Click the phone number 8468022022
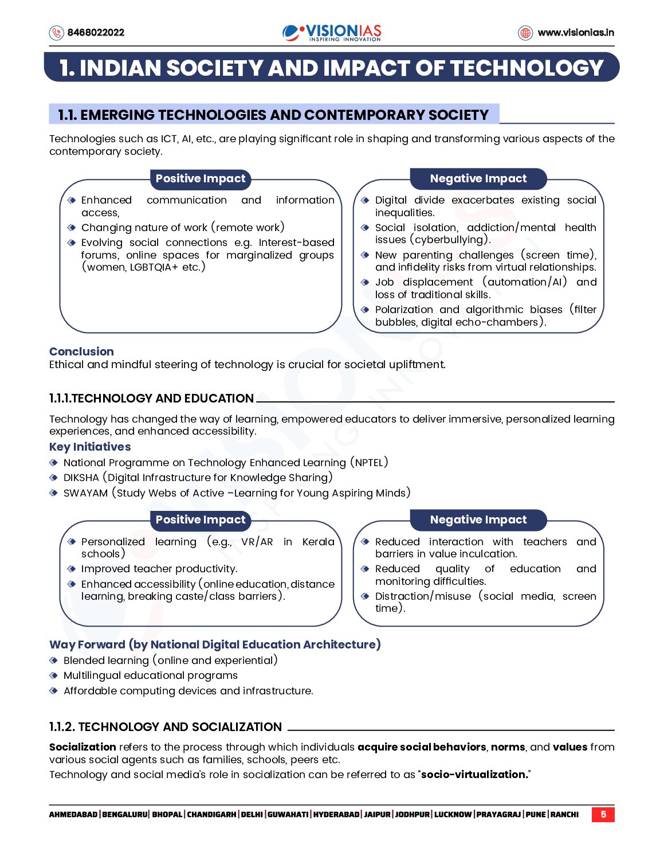(96, 33)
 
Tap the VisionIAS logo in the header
(332, 32)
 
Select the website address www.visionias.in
(575, 33)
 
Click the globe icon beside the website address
(525, 33)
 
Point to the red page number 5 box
(603, 814)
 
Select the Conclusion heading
(81, 351)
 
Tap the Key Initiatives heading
(90, 447)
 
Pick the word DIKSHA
(81, 478)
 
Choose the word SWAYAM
(85, 493)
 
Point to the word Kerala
(318, 542)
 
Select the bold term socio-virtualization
(474, 775)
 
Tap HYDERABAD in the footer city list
(336, 815)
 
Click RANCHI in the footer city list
(564, 815)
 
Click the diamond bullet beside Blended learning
(54, 661)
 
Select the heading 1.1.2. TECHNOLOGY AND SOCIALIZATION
(166, 727)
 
